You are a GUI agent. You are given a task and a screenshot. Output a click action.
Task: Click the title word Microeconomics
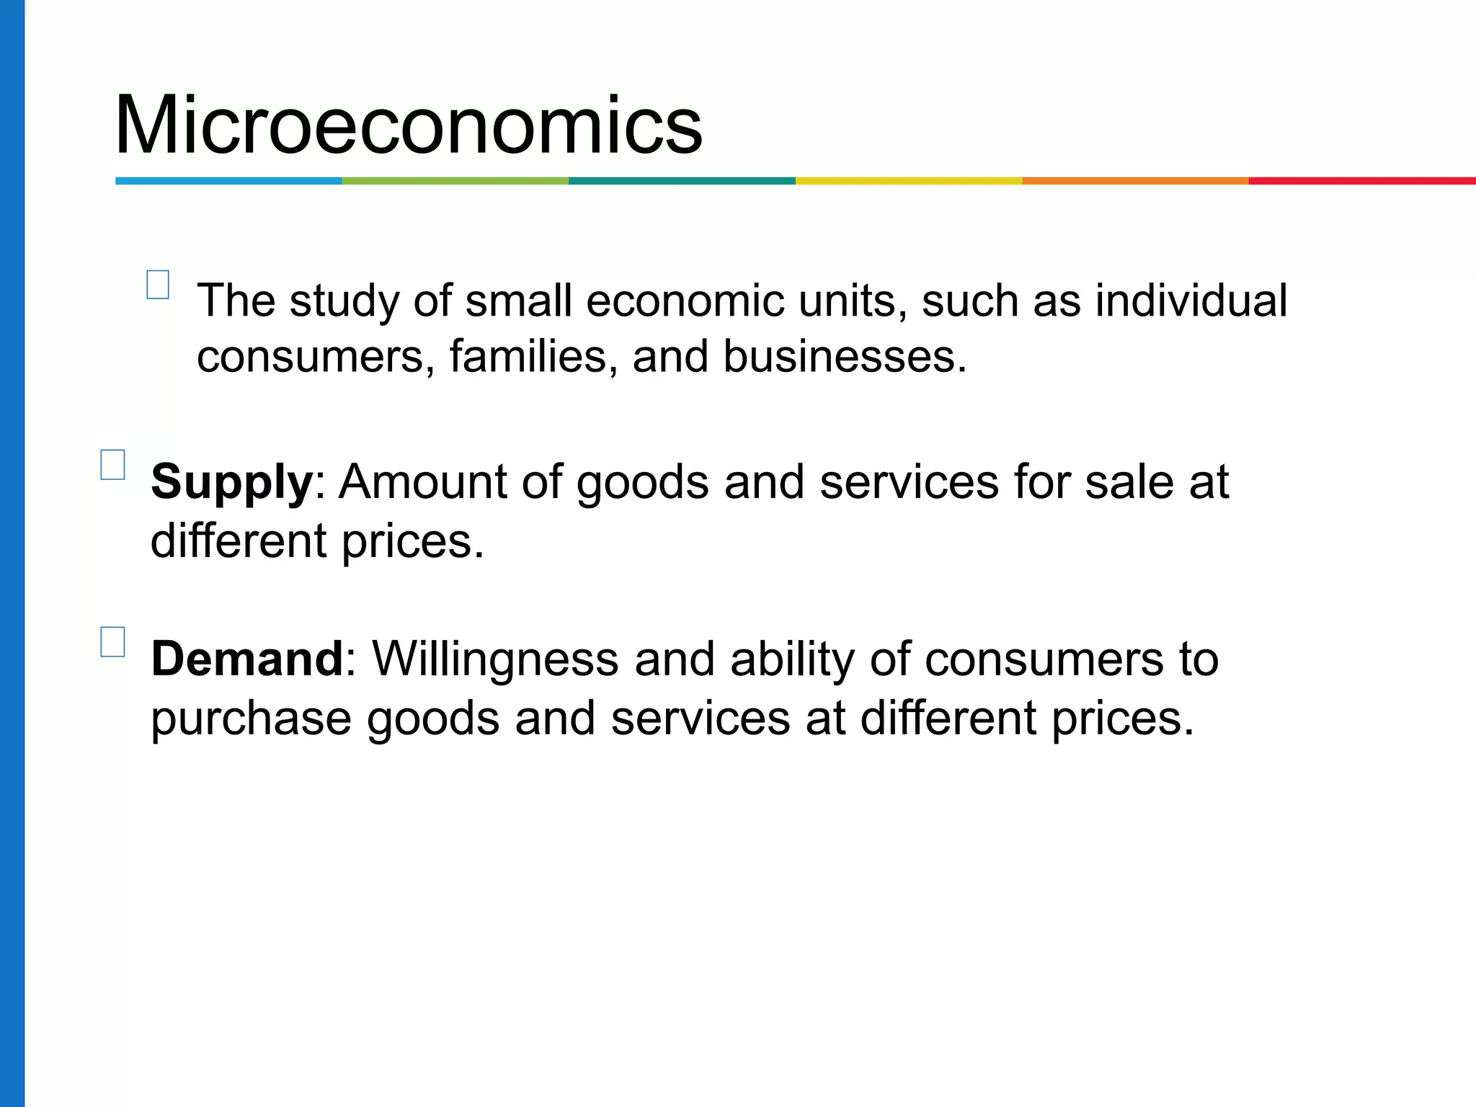tap(408, 125)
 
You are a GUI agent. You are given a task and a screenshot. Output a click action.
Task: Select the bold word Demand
tap(247, 659)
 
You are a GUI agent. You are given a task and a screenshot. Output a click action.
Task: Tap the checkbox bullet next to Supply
tap(112, 465)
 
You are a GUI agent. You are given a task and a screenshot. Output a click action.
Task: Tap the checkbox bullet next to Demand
tap(112, 641)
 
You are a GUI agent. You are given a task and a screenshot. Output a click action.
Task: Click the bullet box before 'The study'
tap(158, 285)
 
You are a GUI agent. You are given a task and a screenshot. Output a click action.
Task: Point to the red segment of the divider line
tap(1361, 181)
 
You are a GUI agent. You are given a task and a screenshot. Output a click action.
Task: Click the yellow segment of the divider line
tap(908, 181)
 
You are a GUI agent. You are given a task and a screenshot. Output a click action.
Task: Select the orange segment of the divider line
tap(1135, 181)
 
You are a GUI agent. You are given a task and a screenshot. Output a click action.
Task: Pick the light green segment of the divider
tap(455, 181)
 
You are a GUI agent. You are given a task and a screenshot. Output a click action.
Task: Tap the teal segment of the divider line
tap(682, 181)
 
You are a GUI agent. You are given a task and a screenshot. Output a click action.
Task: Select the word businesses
tap(844, 357)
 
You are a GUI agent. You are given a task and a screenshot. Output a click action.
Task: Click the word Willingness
tap(495, 659)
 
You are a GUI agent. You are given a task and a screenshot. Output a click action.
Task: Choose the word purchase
tap(250, 719)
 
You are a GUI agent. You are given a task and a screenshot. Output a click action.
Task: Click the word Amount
tap(423, 481)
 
